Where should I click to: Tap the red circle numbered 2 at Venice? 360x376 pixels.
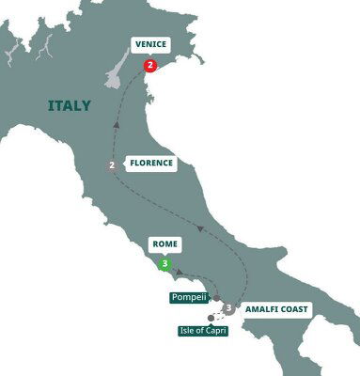click(x=149, y=65)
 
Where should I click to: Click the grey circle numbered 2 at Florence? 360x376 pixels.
click(x=113, y=167)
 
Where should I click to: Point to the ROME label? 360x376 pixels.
click(x=165, y=243)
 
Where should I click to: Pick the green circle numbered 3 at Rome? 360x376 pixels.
click(x=165, y=264)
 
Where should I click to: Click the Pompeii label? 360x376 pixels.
click(x=187, y=297)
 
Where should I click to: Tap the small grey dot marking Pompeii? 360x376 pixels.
click(x=216, y=303)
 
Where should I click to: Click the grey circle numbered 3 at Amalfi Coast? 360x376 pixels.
click(x=228, y=307)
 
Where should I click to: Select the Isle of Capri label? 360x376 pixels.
click(x=205, y=330)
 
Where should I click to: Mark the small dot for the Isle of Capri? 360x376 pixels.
click(x=211, y=318)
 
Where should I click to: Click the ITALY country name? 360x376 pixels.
click(x=70, y=105)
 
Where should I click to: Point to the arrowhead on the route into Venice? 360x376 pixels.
click(x=118, y=120)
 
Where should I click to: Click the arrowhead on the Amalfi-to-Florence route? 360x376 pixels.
click(x=199, y=227)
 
